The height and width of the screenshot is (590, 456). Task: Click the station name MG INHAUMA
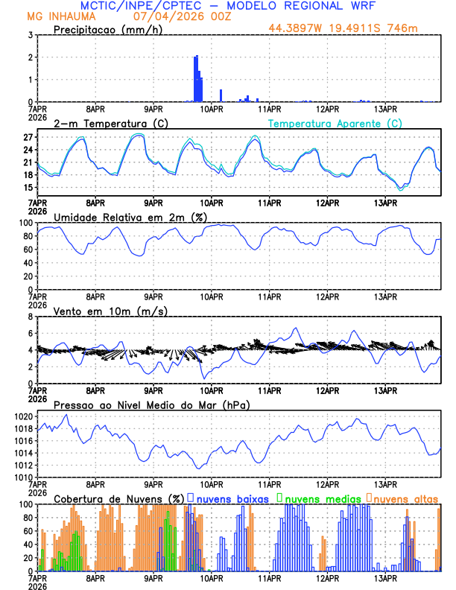[57, 16]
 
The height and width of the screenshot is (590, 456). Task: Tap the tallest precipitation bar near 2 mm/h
[196, 78]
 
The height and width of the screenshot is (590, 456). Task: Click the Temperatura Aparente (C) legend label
[335, 123]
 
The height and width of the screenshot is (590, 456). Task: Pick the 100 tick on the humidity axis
[25, 223]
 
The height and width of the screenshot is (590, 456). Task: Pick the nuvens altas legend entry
[407, 498]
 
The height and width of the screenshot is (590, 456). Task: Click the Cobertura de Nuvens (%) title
[118, 498]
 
